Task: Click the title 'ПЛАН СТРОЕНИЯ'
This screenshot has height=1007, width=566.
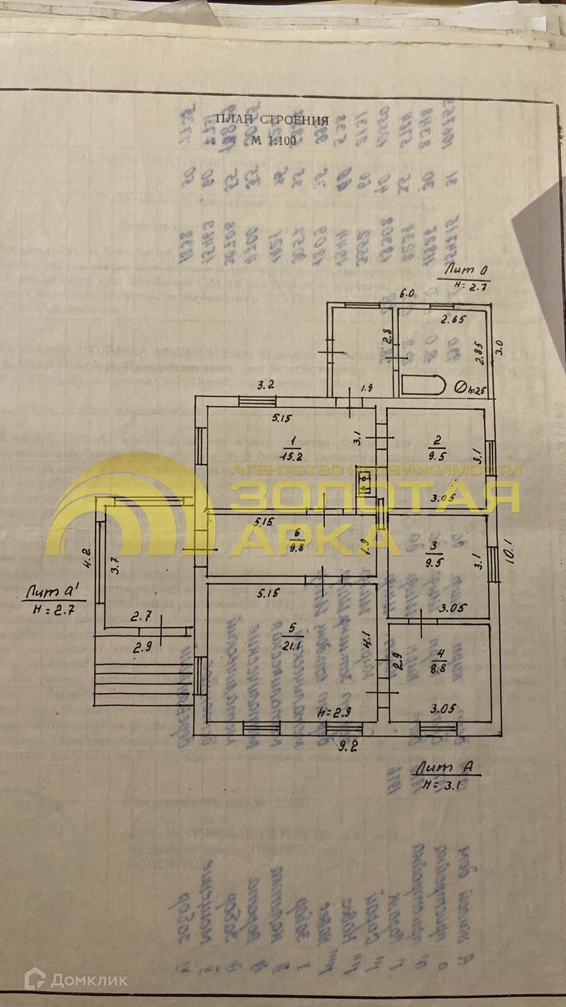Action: [x=272, y=120]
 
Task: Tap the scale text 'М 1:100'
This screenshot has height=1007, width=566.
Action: [x=273, y=140]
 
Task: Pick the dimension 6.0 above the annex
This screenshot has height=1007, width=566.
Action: [x=408, y=293]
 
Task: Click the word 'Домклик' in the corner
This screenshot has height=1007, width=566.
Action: [x=89, y=979]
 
